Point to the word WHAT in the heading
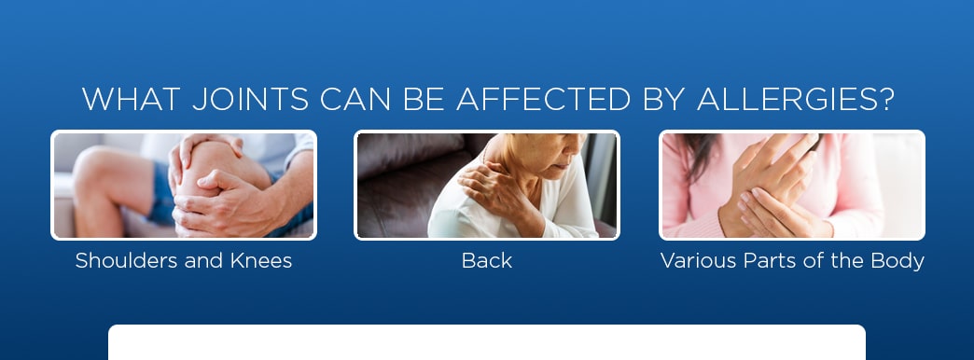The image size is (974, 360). point(125,100)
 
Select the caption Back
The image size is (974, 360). point(487,261)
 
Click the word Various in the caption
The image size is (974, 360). point(693,261)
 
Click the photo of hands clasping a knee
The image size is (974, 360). point(184,185)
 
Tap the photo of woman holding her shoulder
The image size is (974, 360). point(487,185)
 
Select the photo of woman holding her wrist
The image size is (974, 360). point(792,185)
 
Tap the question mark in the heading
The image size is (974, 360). point(885,100)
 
